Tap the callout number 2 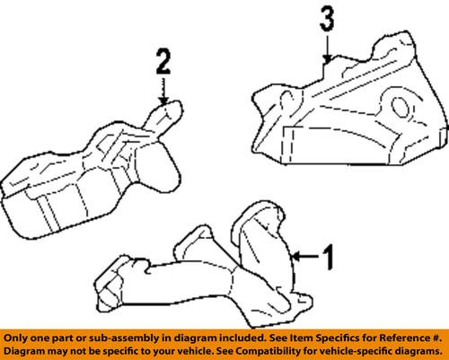(x=163, y=62)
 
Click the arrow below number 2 (x=163, y=88)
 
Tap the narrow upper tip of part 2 (x=169, y=109)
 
